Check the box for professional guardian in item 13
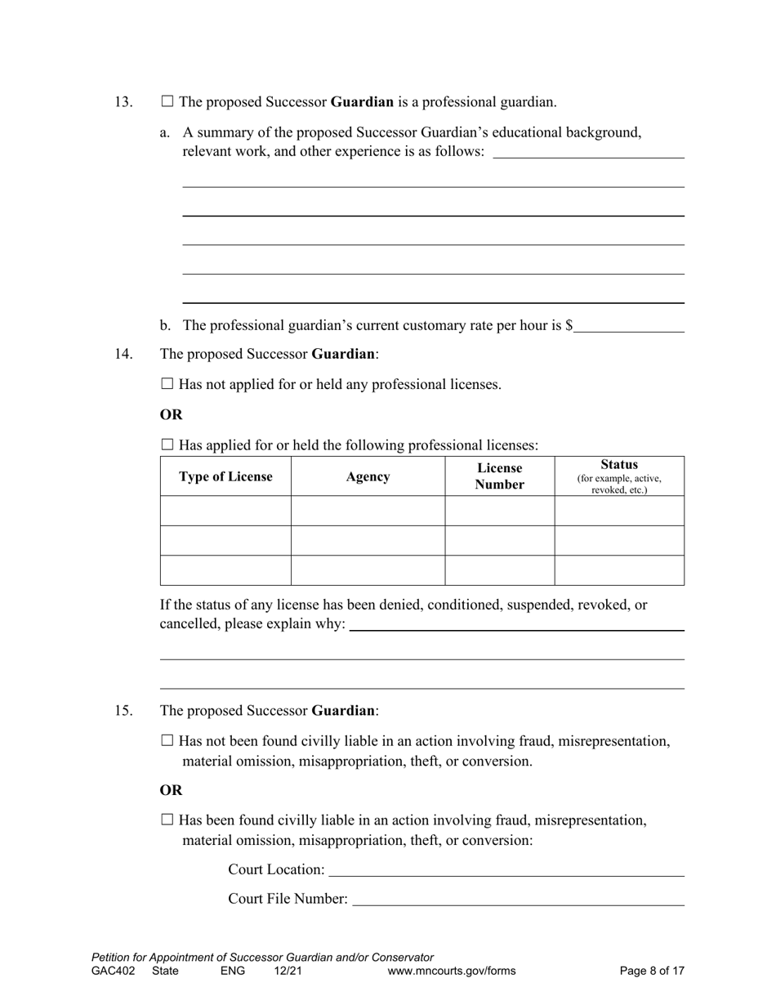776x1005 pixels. [167, 102]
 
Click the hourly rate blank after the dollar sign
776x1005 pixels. [628, 326]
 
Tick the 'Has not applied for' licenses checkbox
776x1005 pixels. [167, 384]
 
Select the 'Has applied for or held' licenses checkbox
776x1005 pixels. [167, 445]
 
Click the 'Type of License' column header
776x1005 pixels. [225, 476]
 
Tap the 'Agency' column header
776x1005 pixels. [368, 476]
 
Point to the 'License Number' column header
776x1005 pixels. [499, 476]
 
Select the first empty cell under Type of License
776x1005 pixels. [225, 511]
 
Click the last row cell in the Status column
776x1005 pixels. [618, 570]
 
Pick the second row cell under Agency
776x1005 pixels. [368, 540]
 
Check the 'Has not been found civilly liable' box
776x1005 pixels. [167, 741]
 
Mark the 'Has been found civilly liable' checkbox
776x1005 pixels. [167, 820]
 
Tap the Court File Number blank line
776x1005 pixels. [518, 899]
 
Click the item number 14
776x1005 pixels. [123, 355]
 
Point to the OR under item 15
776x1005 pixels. [171, 790]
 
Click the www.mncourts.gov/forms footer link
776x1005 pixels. [452, 971]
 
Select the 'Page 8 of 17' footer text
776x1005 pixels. [651, 971]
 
